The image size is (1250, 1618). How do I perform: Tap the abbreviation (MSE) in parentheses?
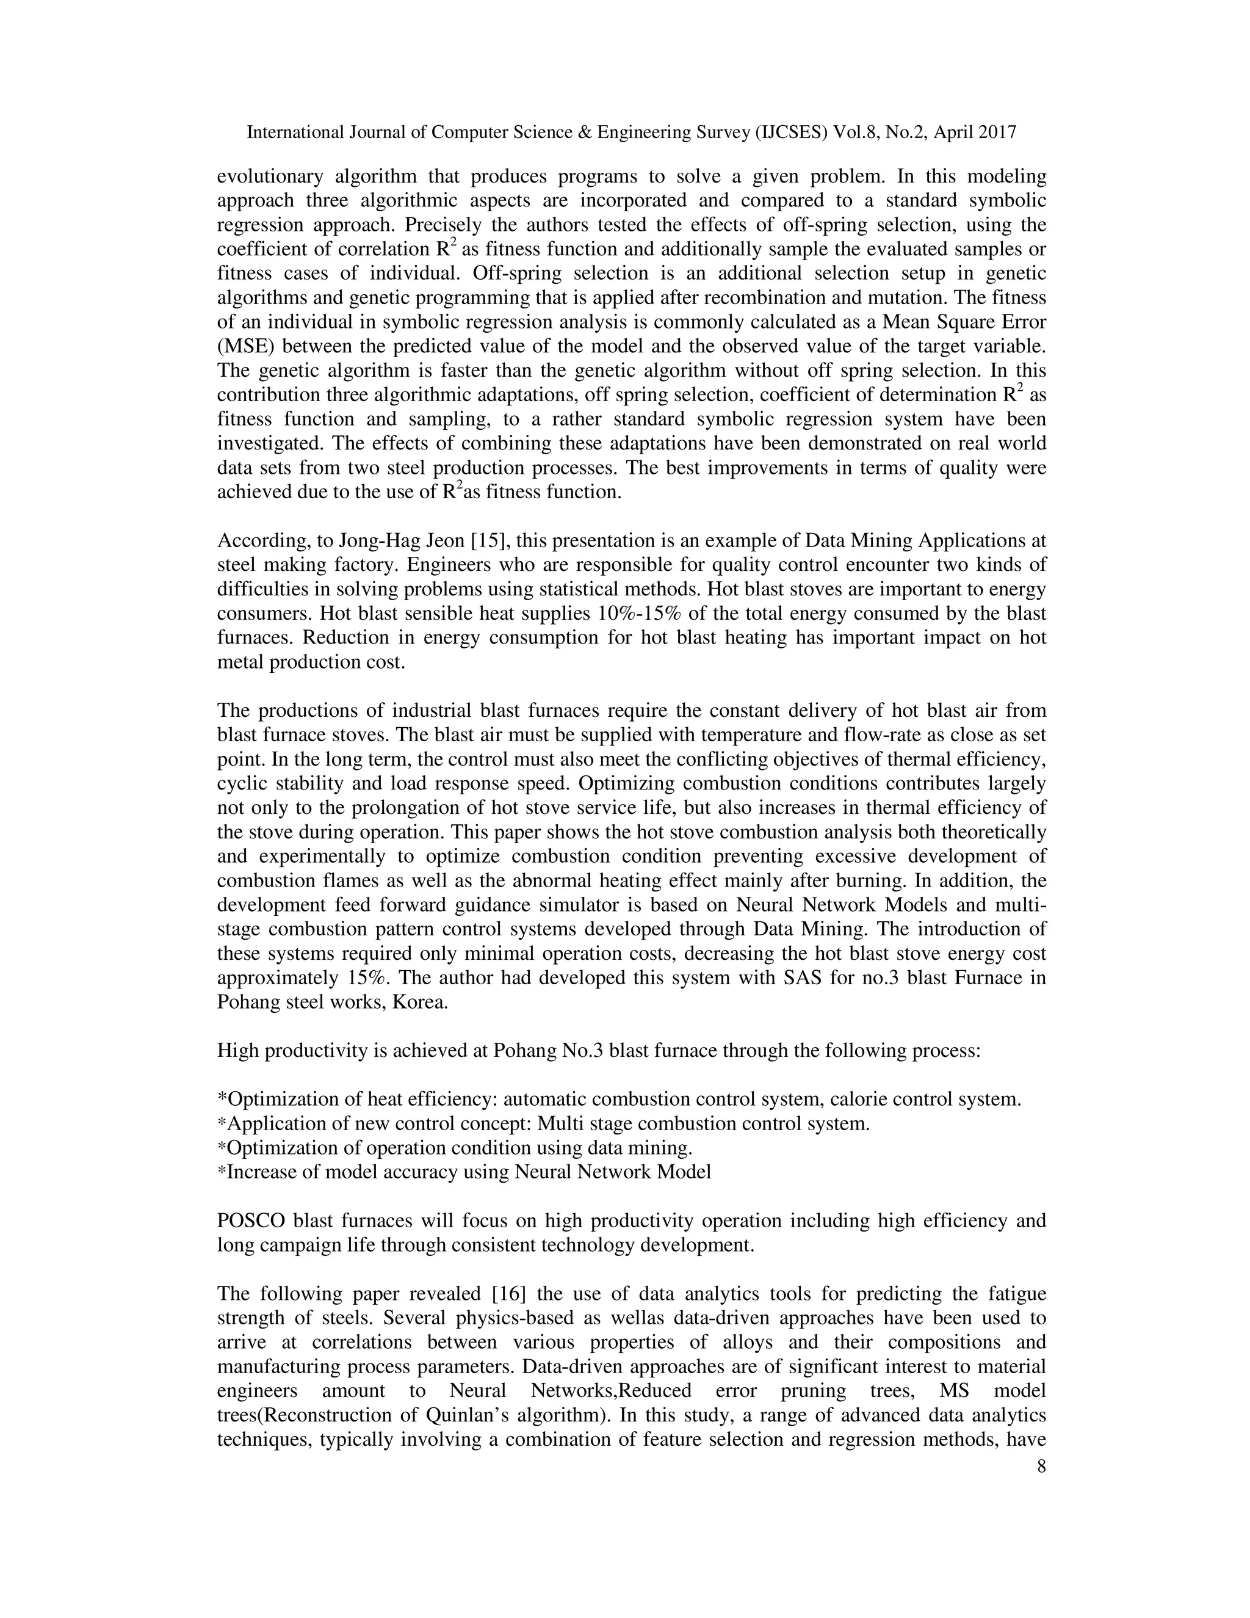(x=247, y=347)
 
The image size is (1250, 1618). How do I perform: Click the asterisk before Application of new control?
(x=222, y=1123)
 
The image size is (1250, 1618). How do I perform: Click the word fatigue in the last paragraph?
(x=1017, y=1294)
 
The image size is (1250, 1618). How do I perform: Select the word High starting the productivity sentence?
(x=236, y=1051)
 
